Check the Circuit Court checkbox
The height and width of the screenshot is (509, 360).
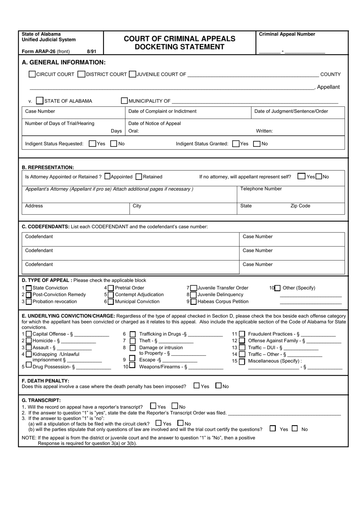point(32,74)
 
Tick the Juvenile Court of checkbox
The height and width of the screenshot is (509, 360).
point(133,74)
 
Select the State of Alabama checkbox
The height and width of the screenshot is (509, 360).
point(40,101)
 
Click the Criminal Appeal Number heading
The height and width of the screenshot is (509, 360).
point(287,34)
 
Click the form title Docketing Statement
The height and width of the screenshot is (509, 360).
point(180,47)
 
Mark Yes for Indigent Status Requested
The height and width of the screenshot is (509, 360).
point(92,144)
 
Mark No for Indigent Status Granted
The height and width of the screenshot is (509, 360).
point(257,144)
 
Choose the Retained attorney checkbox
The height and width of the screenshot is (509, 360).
point(139,176)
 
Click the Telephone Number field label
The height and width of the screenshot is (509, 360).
point(261,189)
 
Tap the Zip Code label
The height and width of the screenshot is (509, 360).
point(300,206)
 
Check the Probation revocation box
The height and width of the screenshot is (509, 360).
point(29,302)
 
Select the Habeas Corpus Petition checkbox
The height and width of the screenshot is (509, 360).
point(194,302)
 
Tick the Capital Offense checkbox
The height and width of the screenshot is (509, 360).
point(29,334)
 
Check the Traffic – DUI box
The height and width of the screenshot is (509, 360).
point(242,348)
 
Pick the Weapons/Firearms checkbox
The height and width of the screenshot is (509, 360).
point(132,365)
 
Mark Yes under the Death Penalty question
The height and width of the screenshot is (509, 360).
point(196,386)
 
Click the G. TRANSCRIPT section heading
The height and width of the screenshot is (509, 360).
point(41,400)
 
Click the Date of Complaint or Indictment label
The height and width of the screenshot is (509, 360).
point(162,111)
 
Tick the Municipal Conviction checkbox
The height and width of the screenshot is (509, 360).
point(111,302)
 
